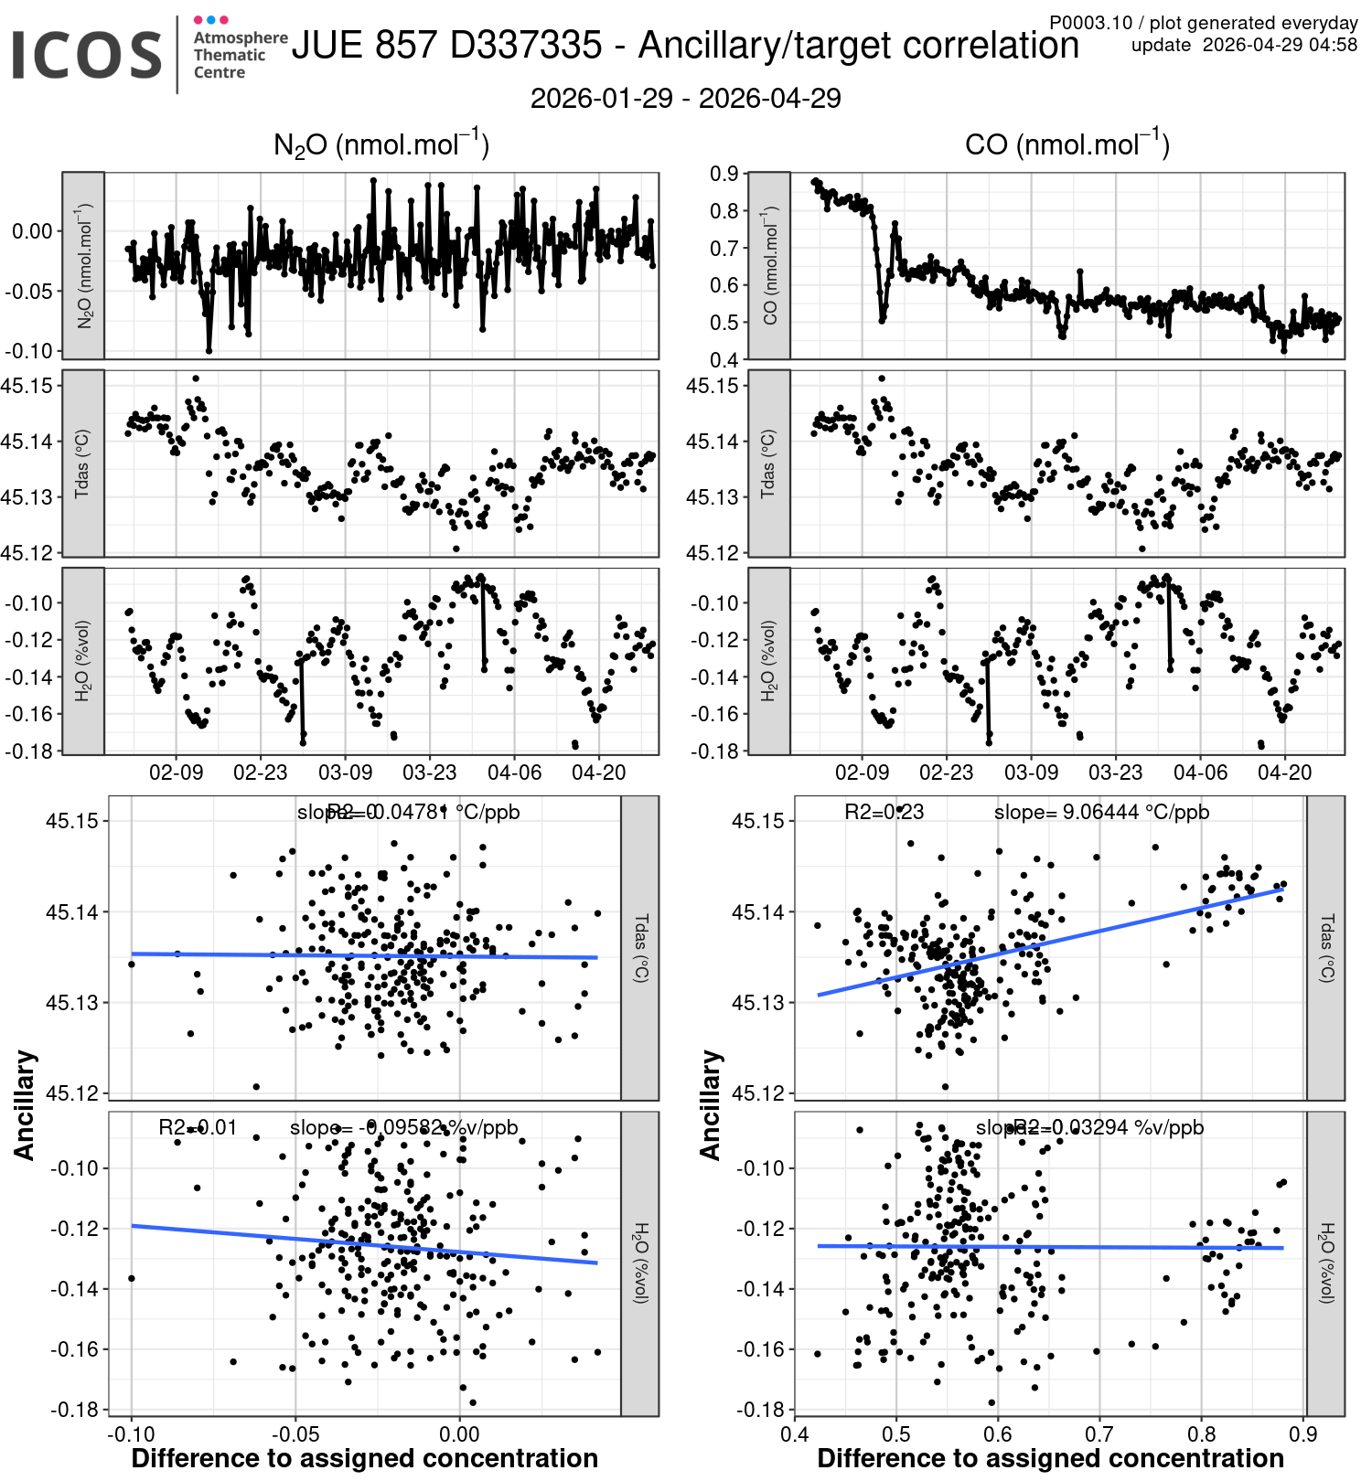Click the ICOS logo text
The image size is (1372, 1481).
tap(87, 55)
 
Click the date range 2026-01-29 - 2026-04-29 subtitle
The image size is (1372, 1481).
tap(685, 99)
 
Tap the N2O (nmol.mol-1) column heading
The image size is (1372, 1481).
tap(381, 144)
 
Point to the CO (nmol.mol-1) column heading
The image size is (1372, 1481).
tap(1067, 144)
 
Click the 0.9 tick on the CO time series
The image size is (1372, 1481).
tap(724, 174)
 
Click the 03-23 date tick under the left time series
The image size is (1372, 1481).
tap(430, 773)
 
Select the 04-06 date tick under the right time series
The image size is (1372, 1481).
tap(1200, 773)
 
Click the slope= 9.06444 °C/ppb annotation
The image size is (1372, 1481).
tap(1101, 813)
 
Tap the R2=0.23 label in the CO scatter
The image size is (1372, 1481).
tap(884, 813)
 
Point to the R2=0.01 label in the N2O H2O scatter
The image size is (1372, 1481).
tap(198, 1128)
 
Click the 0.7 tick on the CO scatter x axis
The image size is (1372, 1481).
tap(1099, 1433)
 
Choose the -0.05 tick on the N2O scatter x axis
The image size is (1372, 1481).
tap(295, 1433)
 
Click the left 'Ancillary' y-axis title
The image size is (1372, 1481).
tap(25, 1104)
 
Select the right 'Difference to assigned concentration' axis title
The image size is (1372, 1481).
tap(1050, 1459)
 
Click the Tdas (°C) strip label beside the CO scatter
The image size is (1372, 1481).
tap(1326, 948)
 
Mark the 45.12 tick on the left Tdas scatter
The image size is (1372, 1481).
tap(70, 1093)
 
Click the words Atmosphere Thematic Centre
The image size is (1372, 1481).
tap(240, 55)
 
